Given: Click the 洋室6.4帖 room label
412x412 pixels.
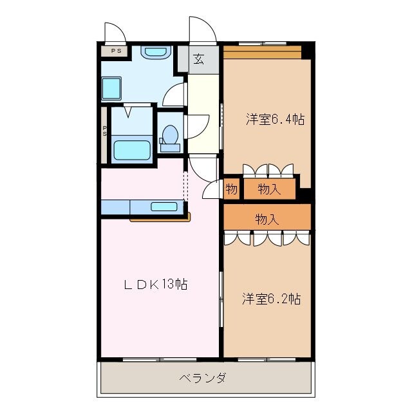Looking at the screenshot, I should click(x=274, y=119).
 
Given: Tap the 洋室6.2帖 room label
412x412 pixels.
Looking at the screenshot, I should click(x=271, y=299).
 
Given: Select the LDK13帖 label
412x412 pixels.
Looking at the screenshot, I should click(x=156, y=285).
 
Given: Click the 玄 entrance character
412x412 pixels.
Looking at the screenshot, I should click(x=199, y=60).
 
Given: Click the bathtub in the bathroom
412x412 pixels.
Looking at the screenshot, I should click(x=132, y=150).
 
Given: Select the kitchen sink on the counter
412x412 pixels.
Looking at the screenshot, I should click(x=164, y=207).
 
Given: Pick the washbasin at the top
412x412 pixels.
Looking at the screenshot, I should click(x=155, y=53).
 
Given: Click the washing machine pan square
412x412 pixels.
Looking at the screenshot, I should click(x=111, y=88).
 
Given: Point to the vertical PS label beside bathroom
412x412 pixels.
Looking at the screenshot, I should click(x=104, y=131).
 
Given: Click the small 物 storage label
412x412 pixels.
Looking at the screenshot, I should click(x=232, y=189).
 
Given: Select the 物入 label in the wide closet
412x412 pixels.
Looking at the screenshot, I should click(x=267, y=219).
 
